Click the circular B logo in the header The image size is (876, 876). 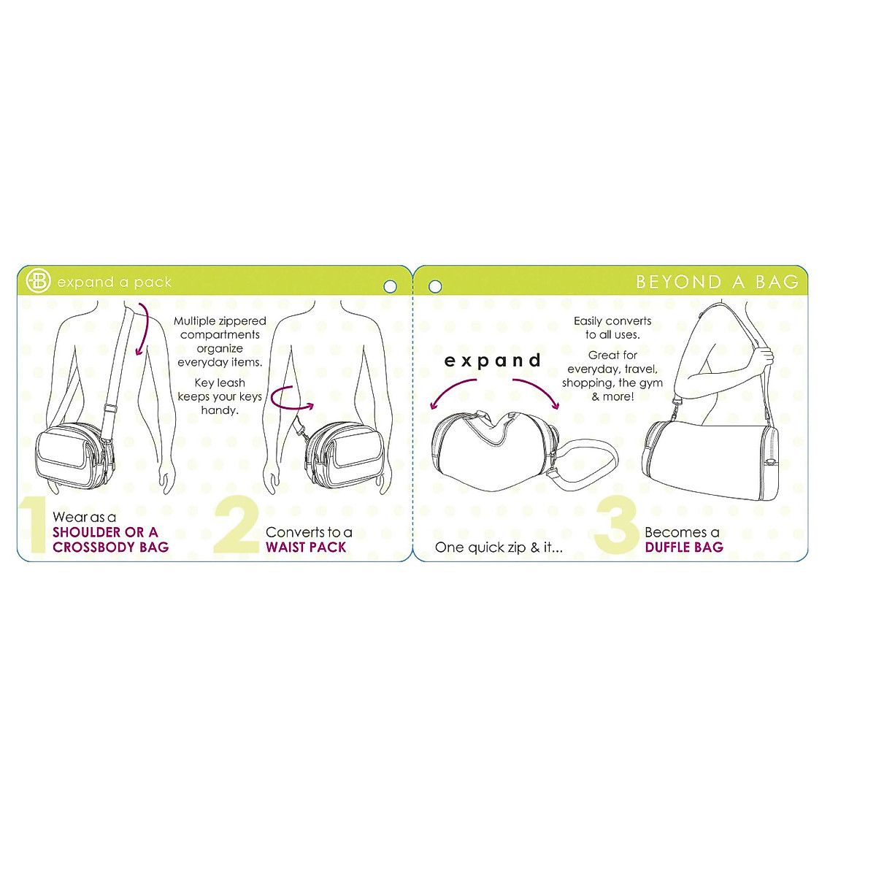pos(38,281)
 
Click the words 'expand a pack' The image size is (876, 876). pos(115,282)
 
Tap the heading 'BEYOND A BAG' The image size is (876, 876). pos(717,282)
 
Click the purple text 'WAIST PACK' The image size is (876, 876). pos(306,547)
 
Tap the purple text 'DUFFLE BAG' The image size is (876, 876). pos(684,547)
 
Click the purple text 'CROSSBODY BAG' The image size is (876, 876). pos(110,547)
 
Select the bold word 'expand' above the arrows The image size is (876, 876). pos(493,360)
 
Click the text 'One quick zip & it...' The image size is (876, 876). pos(499,547)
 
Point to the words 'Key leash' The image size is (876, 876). pos(220,383)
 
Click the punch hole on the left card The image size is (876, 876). pos(390,286)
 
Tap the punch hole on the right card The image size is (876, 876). pos(435,286)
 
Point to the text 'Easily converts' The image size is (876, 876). pos(612,320)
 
